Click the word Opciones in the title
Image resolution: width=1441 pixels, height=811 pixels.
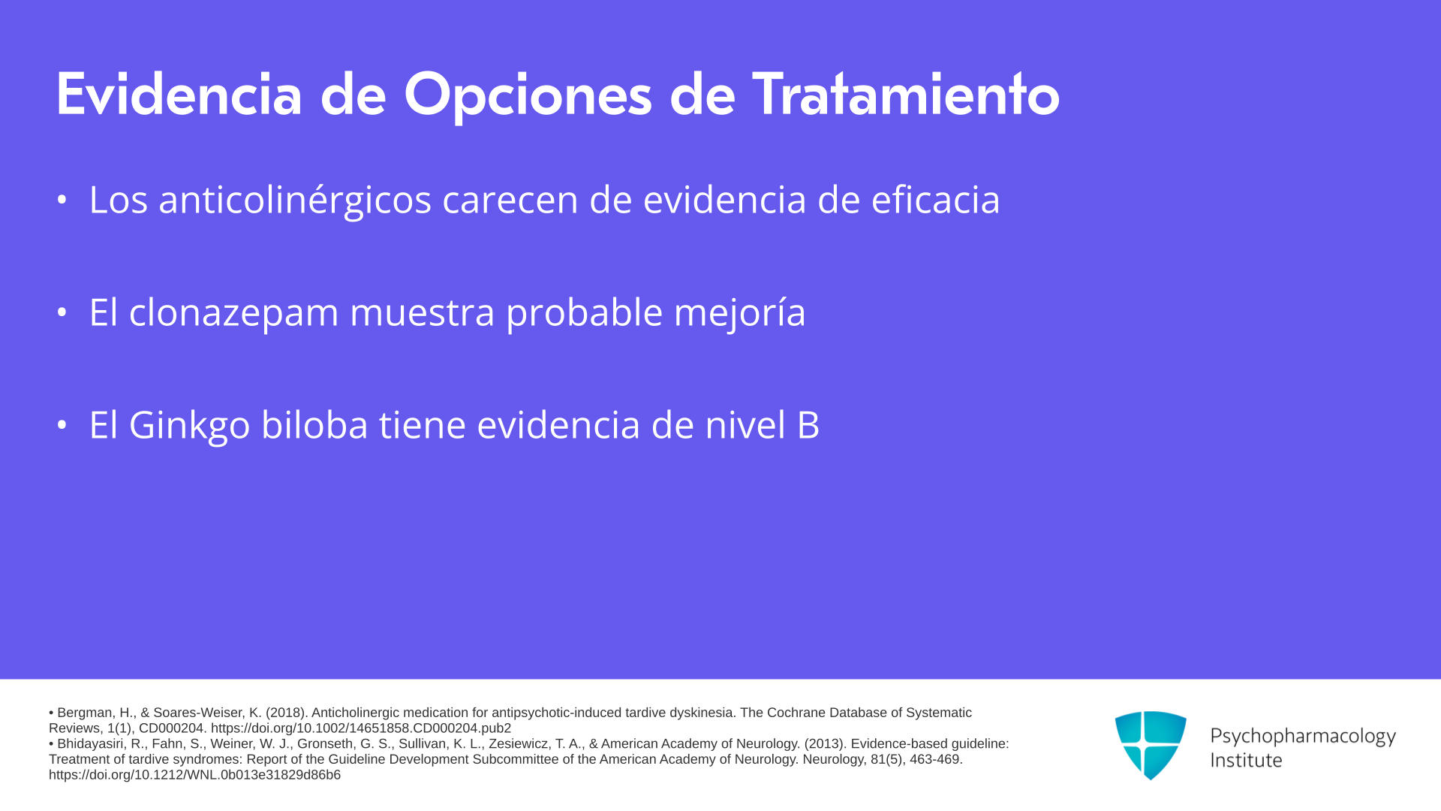pyautogui.click(x=528, y=96)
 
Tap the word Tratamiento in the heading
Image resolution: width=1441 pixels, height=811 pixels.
pyautogui.click(x=906, y=94)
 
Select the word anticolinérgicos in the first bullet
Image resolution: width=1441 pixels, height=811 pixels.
pyautogui.click(x=295, y=200)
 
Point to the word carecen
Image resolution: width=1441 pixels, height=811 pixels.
pyautogui.click(x=510, y=200)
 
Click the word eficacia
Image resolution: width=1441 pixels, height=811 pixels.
pyautogui.click(x=935, y=199)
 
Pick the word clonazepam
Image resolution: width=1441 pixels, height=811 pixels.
pyautogui.click(x=234, y=313)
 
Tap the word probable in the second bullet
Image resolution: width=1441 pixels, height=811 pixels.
pyautogui.click(x=584, y=312)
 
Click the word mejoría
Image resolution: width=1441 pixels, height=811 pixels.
pyautogui.click(x=740, y=313)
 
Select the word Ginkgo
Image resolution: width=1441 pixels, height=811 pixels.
pyautogui.click(x=190, y=426)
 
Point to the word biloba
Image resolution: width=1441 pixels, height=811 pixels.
pyautogui.click(x=314, y=424)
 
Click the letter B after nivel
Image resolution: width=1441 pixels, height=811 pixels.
pyautogui.click(x=808, y=425)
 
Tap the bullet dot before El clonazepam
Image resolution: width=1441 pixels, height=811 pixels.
pyautogui.click(x=62, y=312)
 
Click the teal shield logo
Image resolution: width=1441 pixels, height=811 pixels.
pyautogui.click(x=1151, y=746)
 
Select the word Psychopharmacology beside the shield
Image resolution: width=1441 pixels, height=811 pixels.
pyautogui.click(x=1303, y=736)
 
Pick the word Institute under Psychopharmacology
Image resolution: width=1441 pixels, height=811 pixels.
pyautogui.click(x=1246, y=760)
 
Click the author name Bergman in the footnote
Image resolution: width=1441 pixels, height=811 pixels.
pyautogui.click(x=86, y=713)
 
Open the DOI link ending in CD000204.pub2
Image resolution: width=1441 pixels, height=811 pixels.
pyautogui.click(x=361, y=728)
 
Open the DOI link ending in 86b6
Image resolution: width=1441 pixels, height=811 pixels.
pyautogui.click(x=194, y=775)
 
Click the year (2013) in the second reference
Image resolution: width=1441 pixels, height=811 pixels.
pyautogui.click(x=826, y=743)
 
